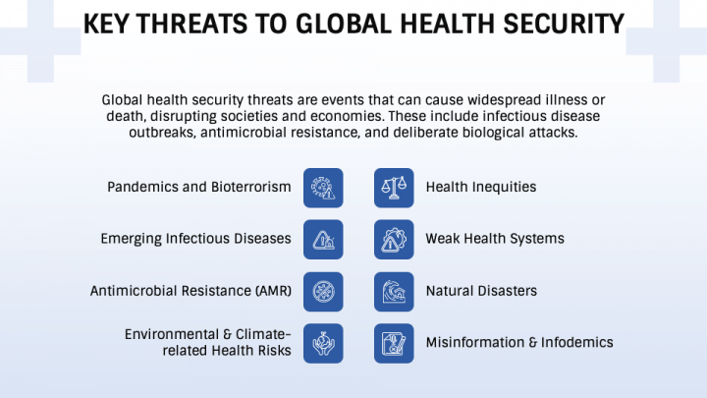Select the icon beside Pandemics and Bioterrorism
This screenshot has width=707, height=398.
pos(323,187)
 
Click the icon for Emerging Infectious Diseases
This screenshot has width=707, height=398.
pos(323,239)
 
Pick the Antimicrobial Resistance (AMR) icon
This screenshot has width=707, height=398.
pos(323,291)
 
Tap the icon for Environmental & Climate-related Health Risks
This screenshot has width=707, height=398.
pos(323,343)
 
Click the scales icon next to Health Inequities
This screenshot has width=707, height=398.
pos(393,187)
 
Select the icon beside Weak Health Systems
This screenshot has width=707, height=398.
pos(393,239)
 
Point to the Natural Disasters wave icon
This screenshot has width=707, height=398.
pos(393,291)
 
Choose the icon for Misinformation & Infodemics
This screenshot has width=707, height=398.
pos(393,343)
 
